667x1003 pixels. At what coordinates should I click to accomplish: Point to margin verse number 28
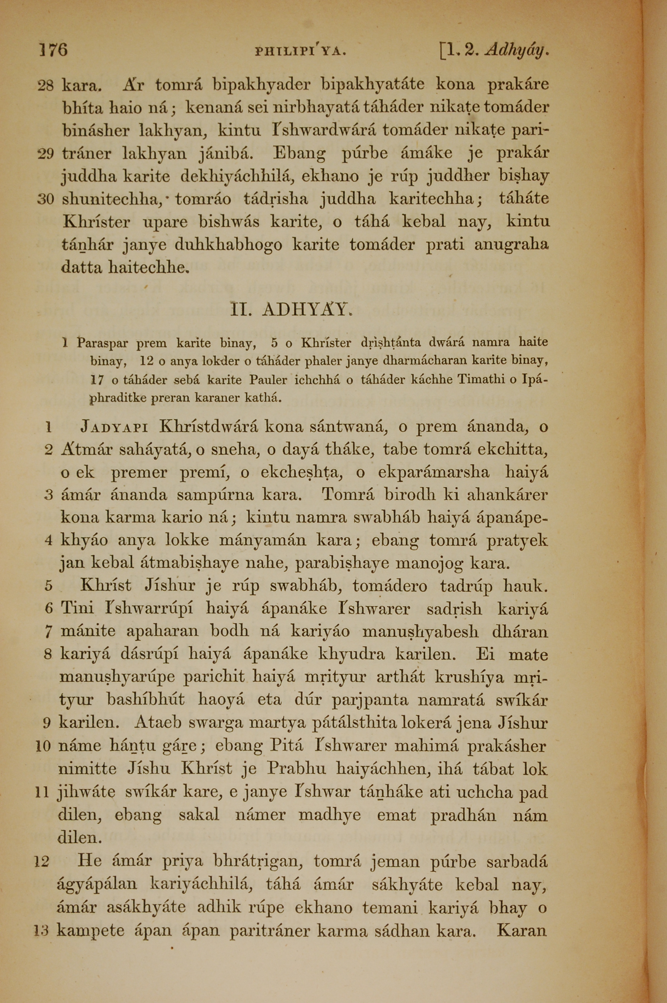coord(45,85)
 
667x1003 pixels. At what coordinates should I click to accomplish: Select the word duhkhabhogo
coord(228,245)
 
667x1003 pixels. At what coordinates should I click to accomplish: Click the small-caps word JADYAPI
coord(115,426)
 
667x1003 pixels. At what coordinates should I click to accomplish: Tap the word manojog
coord(429,564)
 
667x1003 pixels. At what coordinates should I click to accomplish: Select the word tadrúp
coord(466,586)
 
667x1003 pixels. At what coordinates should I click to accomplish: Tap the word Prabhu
coord(296,769)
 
